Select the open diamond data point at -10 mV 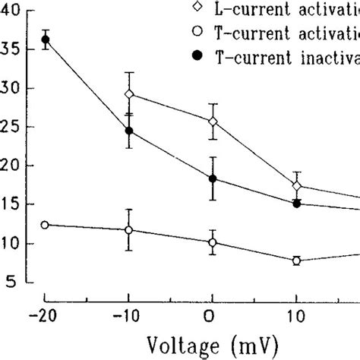pos(129,94)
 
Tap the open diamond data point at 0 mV pos(213,121)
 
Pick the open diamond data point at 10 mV pos(296,186)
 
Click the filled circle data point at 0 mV pos(213,178)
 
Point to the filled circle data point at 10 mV pos(296,204)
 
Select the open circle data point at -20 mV pos(46,225)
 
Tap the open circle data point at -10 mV pos(129,229)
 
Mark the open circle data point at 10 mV pos(296,261)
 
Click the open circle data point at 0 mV pos(213,243)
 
